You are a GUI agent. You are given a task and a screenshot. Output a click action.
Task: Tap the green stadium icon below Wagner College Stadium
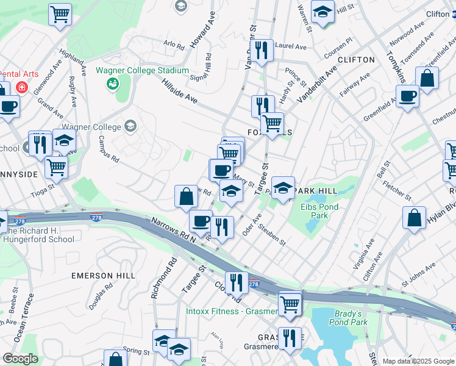[113, 82]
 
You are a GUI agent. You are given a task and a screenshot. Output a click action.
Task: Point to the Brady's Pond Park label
[351, 318]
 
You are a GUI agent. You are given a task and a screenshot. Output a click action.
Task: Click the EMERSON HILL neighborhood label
[103, 276]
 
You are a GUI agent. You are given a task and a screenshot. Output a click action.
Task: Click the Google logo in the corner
[20, 359]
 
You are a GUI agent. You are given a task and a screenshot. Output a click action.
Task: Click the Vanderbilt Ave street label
[316, 83]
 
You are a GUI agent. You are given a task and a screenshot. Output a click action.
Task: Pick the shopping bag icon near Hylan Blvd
[414, 218]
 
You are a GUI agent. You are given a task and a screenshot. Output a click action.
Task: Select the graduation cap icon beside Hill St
[322, 11]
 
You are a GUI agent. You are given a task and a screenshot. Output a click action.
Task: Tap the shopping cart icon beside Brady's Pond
[290, 303]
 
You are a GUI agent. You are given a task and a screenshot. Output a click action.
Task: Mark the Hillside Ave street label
[180, 91]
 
